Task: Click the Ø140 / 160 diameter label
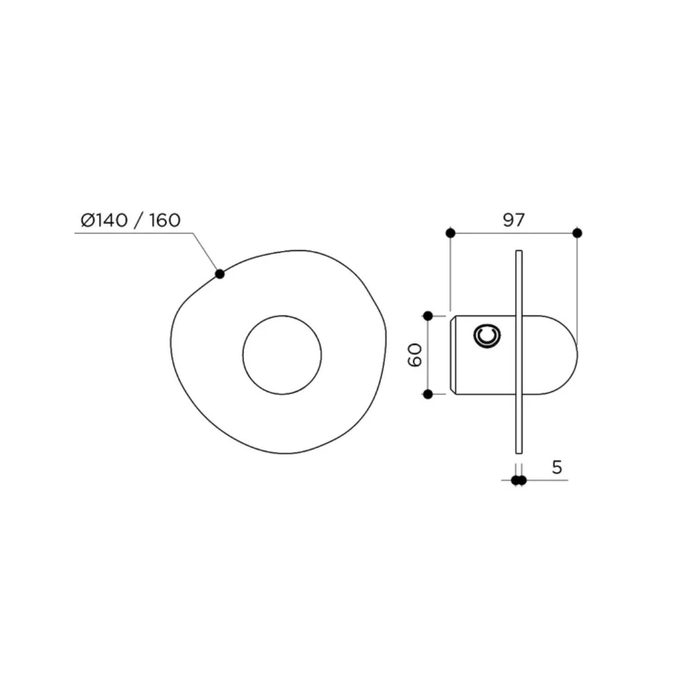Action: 130,220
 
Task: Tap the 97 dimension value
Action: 513,220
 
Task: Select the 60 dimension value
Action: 416,354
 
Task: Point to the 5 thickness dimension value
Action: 556,467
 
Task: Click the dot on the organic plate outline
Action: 220,274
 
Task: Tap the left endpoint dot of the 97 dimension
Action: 450,233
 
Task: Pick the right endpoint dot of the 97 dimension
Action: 577,233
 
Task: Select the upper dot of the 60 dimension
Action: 428,315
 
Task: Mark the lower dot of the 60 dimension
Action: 428,394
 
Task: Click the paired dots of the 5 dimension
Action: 518,480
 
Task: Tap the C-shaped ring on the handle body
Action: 486,336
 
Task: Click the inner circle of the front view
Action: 282,355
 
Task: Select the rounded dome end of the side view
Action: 563,355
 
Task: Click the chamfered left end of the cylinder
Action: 453,355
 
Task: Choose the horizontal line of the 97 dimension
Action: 513,233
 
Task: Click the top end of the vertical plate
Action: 518,252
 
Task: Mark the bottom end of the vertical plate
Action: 518,451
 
